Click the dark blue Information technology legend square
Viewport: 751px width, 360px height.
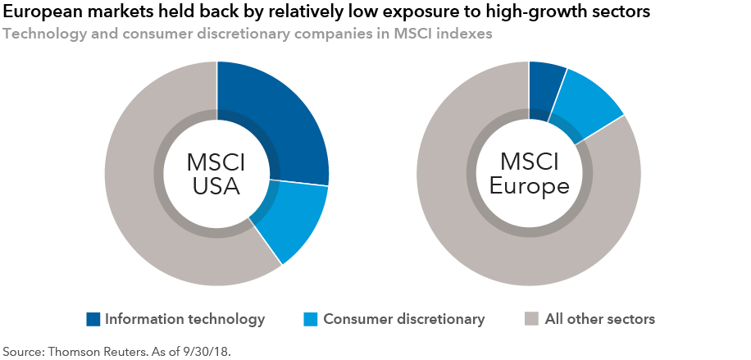pos(93,319)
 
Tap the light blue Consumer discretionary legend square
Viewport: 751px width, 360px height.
pos(312,319)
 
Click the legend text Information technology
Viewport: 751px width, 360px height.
pos(184,319)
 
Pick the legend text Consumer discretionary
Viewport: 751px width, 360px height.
pos(404,319)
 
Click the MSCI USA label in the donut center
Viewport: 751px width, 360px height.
pos(216,174)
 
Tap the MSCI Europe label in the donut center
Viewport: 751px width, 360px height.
pos(530,174)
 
